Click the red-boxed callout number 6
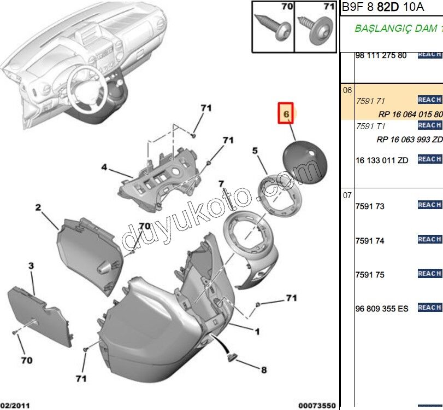pyautogui.click(x=285, y=113)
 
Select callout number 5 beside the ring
pyautogui.click(x=255, y=150)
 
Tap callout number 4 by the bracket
pyautogui.click(x=104, y=167)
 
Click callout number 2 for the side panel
pyautogui.click(x=38, y=207)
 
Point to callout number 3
pyautogui.click(x=31, y=265)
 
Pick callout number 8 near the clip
pyautogui.click(x=263, y=370)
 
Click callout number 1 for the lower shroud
pyautogui.click(x=257, y=331)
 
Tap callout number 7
pyautogui.click(x=221, y=183)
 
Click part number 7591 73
pyautogui.click(x=370, y=206)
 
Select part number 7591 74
pyautogui.click(x=370, y=241)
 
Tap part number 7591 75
pyautogui.click(x=370, y=275)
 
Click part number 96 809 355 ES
pyautogui.click(x=382, y=309)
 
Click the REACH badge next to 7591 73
pyautogui.click(x=429, y=205)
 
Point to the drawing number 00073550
pyautogui.click(x=317, y=405)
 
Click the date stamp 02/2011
pyautogui.click(x=14, y=405)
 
